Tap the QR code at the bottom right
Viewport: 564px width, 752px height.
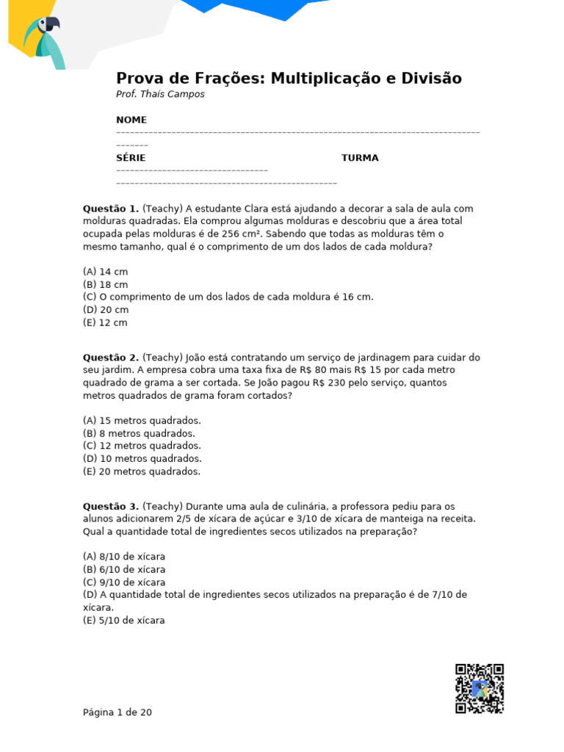480,688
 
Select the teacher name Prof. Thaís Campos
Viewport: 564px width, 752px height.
160,94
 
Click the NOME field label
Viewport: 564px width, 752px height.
131,120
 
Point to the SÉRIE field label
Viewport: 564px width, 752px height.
131,158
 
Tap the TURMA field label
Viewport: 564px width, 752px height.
360,158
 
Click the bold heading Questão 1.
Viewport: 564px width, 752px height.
110,209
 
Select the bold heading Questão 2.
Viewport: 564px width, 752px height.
110,358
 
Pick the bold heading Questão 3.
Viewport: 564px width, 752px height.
110,506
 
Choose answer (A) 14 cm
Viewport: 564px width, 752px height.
106,272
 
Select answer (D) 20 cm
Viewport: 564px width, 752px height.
106,310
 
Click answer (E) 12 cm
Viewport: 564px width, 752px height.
106,322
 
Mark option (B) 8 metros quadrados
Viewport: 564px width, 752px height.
139,433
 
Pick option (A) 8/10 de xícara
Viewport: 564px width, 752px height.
124,557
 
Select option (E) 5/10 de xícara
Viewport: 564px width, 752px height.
124,621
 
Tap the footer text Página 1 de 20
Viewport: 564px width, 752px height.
117,712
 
